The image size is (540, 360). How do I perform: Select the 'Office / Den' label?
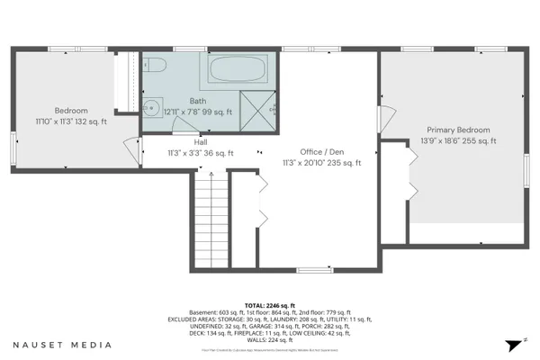[x=322, y=151]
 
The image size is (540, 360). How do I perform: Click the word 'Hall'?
[x=200, y=141]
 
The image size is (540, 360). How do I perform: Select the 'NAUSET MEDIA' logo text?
[x=62, y=345]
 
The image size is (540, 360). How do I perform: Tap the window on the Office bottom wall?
[x=314, y=269]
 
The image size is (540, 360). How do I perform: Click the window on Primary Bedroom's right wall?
[x=526, y=171]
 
